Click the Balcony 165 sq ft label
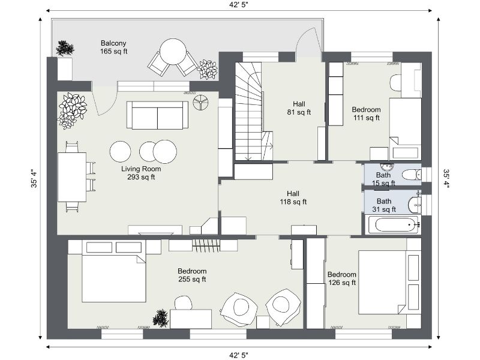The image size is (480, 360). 114,47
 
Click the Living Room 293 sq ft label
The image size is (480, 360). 141,173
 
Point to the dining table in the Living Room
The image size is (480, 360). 72,177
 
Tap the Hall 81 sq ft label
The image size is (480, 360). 298,107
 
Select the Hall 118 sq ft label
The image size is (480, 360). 293,198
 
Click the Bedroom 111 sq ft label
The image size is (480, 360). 365,114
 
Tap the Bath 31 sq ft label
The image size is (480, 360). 384,205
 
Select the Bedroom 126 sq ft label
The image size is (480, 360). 341,278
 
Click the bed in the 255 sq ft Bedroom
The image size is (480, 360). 114,276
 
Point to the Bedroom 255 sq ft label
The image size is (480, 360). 192,275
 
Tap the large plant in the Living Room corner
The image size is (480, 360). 72,110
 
